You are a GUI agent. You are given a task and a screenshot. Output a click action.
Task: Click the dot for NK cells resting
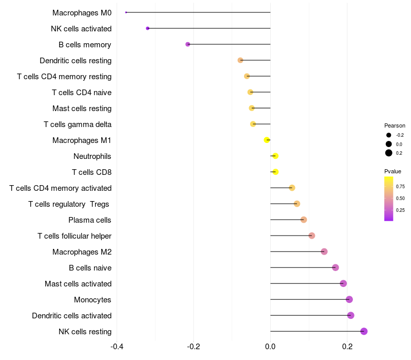click(x=364, y=331)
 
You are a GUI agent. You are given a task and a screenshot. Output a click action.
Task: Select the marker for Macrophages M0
click(x=126, y=12)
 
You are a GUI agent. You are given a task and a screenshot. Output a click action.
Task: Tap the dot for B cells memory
click(x=188, y=44)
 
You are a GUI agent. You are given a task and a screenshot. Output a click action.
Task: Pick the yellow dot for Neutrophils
click(x=275, y=156)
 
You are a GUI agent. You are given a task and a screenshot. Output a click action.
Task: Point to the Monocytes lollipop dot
click(x=349, y=299)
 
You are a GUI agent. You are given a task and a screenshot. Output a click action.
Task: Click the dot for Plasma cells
click(x=304, y=220)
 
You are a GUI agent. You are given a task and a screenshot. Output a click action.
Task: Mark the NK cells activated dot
click(x=148, y=28)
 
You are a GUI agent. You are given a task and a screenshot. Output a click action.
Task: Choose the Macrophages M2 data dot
click(x=324, y=251)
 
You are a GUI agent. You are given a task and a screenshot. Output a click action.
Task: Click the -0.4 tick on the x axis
click(x=117, y=346)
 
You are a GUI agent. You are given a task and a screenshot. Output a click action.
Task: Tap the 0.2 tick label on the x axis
click(x=347, y=346)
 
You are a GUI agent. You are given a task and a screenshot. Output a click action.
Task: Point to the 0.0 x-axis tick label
click(x=270, y=346)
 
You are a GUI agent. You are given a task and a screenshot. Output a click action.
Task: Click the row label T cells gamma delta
click(x=78, y=124)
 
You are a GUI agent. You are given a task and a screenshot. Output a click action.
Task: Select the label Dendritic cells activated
click(x=71, y=316)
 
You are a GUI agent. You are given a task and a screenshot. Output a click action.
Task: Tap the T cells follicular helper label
click(x=74, y=236)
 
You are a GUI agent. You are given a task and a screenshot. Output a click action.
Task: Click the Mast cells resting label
click(x=82, y=109)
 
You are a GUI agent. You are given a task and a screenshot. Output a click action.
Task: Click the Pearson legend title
click(x=395, y=125)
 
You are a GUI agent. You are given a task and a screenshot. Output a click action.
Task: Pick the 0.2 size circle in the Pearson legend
click(x=389, y=153)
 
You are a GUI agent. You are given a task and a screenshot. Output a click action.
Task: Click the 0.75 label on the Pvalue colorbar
click(x=400, y=187)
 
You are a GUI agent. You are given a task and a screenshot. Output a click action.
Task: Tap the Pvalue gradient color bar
click(x=389, y=199)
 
